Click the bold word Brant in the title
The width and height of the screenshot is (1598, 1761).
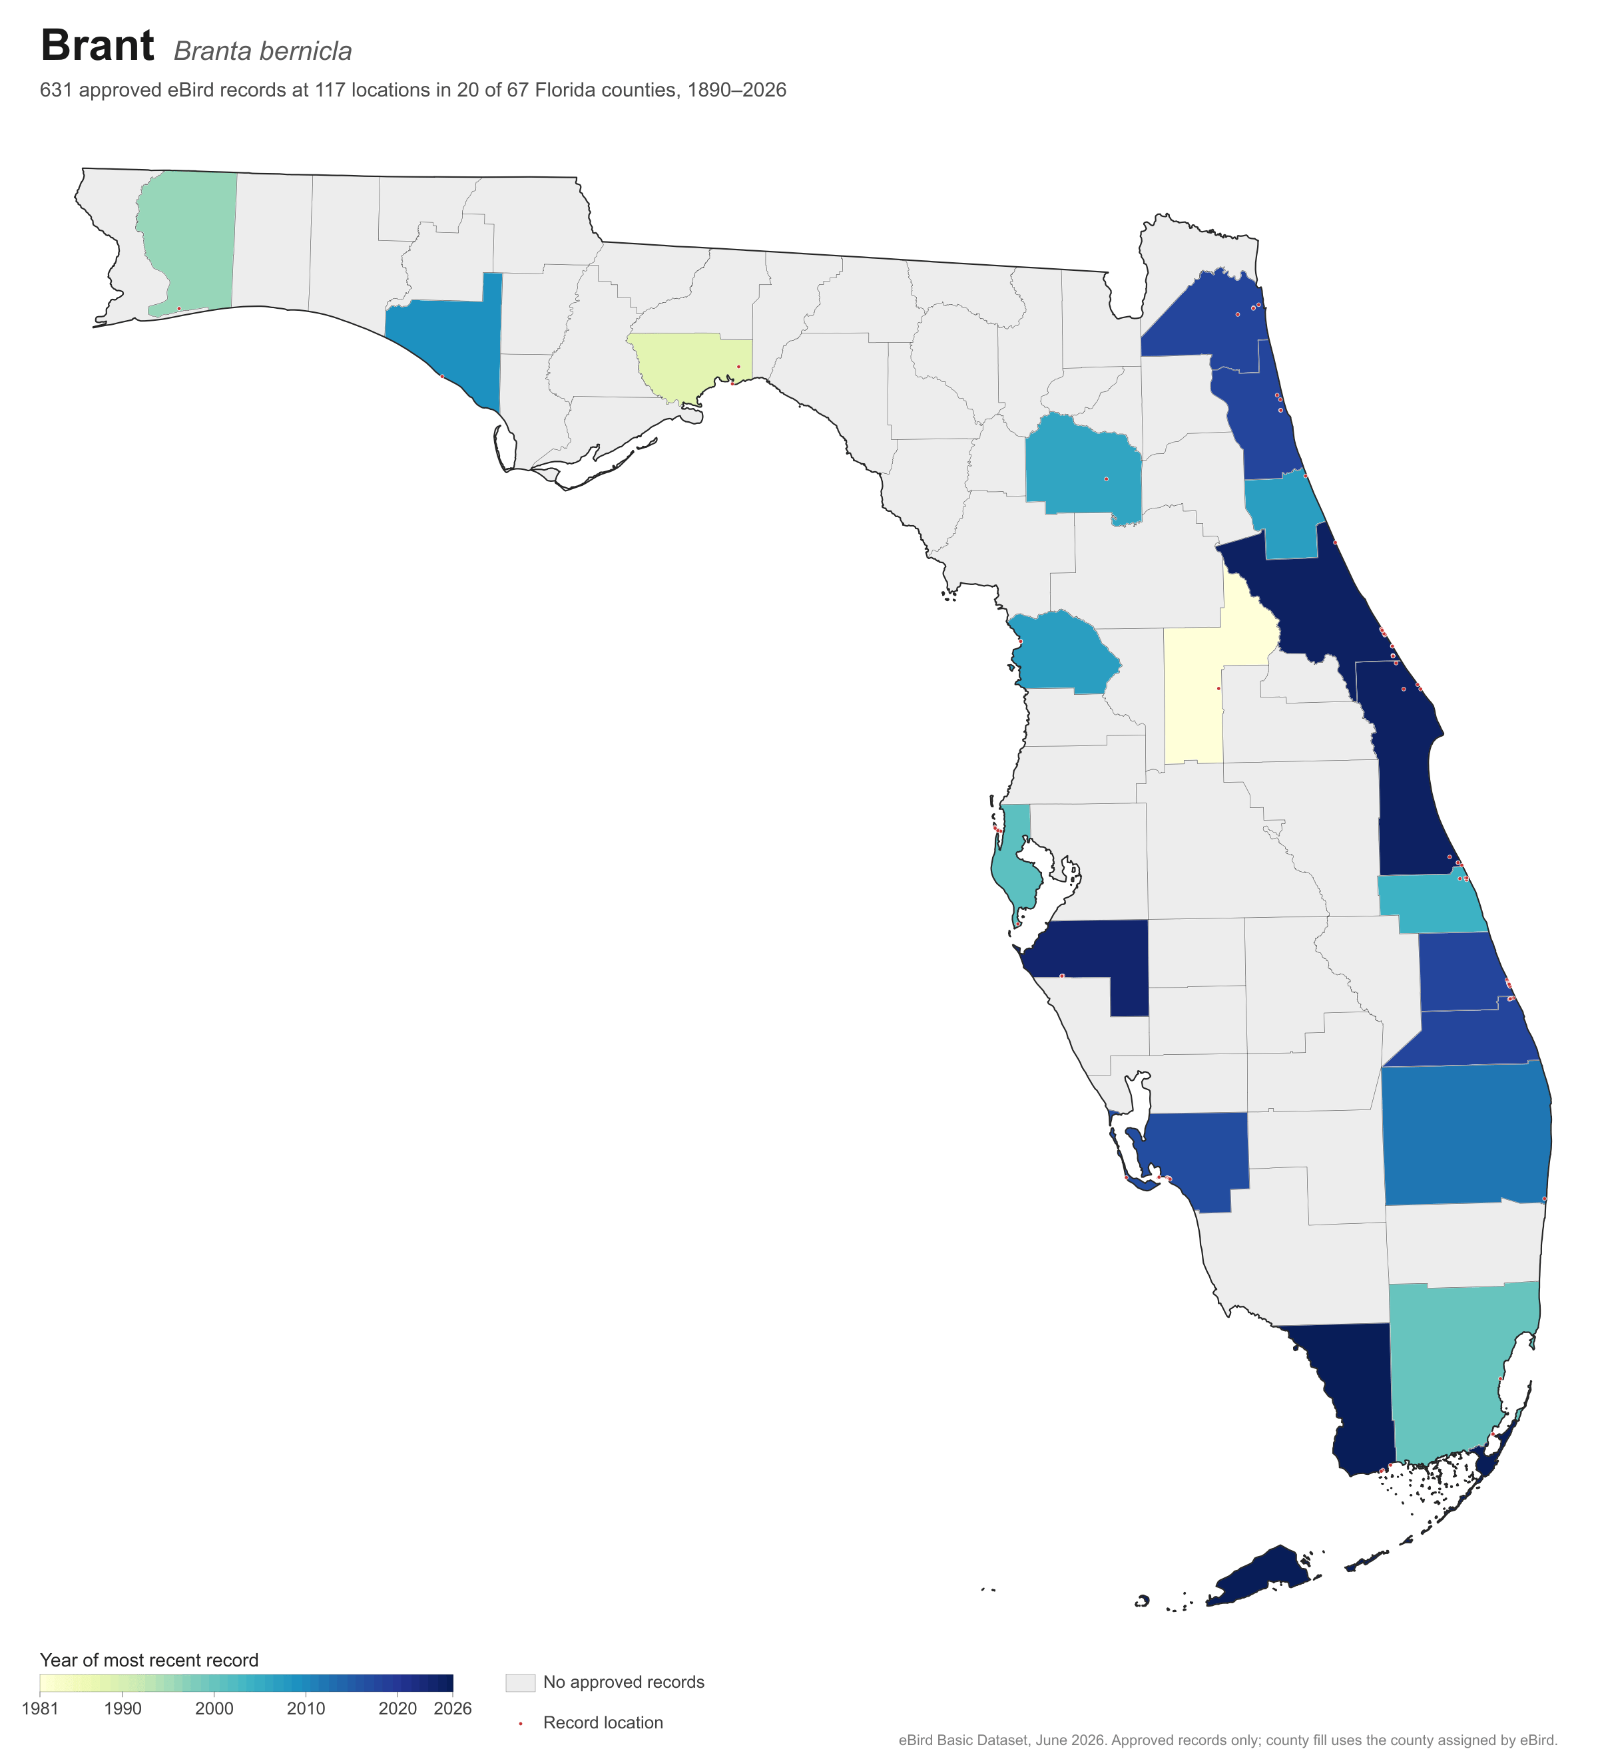click(97, 45)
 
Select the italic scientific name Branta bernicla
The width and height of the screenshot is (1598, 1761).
click(262, 51)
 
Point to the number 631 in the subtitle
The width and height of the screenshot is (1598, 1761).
click(55, 90)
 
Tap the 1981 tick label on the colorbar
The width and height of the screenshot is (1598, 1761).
click(40, 1708)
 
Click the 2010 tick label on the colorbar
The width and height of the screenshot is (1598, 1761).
click(306, 1708)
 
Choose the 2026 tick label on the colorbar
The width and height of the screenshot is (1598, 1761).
click(453, 1708)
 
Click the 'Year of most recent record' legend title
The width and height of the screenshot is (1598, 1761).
click(149, 1661)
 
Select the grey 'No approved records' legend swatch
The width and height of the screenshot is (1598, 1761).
click(520, 1682)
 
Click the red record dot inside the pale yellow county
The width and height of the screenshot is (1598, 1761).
click(1218, 688)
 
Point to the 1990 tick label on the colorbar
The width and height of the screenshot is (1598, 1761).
click(123, 1708)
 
